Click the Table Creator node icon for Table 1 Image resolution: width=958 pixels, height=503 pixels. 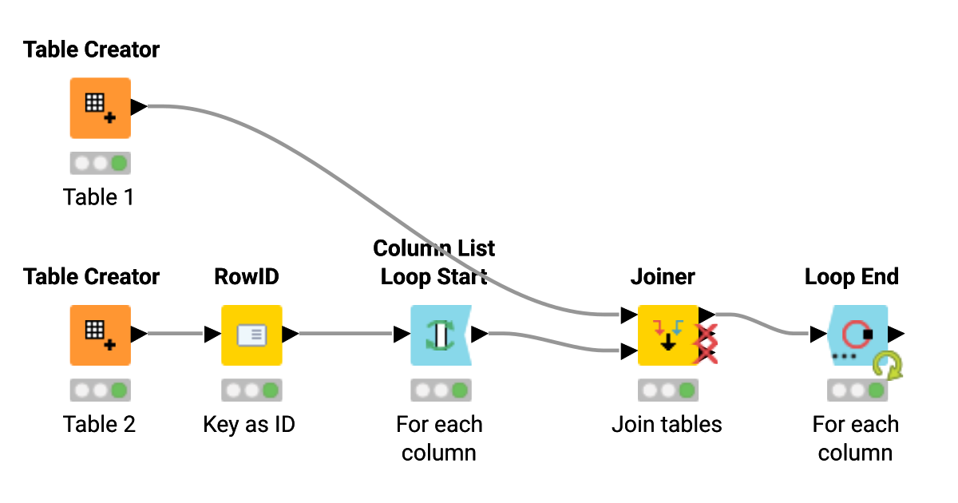(x=100, y=108)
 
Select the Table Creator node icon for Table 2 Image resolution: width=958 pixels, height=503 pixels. (x=100, y=335)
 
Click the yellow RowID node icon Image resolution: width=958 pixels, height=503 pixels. (x=251, y=335)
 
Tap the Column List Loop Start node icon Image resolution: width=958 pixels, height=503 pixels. (x=440, y=335)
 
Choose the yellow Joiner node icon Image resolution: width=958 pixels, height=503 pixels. (x=667, y=335)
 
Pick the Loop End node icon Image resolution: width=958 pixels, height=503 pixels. (x=857, y=335)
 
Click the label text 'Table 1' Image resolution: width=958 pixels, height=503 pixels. (x=99, y=197)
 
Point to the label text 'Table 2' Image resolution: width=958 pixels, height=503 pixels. (x=99, y=424)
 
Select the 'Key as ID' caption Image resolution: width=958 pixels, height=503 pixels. (x=249, y=424)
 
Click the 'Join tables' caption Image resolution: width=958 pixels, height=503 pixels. (x=667, y=424)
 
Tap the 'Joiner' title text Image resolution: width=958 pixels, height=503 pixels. (x=663, y=277)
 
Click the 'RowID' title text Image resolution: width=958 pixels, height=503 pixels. (x=247, y=277)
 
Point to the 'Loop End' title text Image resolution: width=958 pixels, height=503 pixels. (x=851, y=277)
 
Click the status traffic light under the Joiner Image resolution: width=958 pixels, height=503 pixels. (x=667, y=390)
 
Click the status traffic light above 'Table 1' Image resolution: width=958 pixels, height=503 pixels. (x=100, y=164)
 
